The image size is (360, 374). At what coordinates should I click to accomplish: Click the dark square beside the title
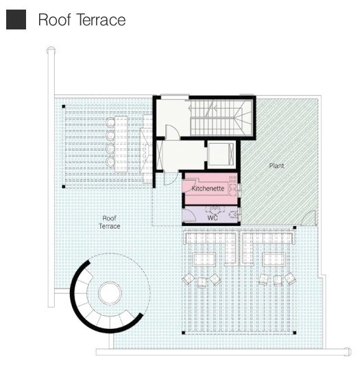[x=16, y=20]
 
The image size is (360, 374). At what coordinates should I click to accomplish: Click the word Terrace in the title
[x=101, y=20]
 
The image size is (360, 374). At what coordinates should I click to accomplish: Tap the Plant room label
[x=276, y=166]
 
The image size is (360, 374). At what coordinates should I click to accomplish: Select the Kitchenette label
[x=208, y=188]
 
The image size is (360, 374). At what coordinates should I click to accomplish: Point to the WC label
[x=213, y=218]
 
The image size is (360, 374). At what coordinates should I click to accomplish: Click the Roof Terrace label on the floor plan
[x=110, y=222]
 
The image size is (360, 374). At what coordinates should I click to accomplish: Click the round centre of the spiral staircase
[x=110, y=293]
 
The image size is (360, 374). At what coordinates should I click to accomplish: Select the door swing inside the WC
[x=189, y=215]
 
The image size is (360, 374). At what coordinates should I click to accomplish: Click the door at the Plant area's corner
[x=309, y=218]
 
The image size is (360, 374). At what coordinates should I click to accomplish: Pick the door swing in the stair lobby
[x=172, y=132]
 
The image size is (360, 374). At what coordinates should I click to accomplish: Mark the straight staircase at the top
[x=221, y=118]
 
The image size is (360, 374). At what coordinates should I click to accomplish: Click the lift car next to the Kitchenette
[x=221, y=154]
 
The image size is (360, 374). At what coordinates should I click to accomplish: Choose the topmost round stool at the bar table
[x=110, y=123]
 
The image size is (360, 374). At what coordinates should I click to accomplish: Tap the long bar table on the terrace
[x=121, y=144]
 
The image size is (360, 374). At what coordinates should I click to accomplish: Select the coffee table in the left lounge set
[x=204, y=260]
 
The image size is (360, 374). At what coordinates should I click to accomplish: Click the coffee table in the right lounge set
[x=274, y=260]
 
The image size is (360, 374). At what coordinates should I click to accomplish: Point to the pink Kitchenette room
[x=210, y=188]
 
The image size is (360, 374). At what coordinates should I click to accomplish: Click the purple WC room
[x=210, y=214]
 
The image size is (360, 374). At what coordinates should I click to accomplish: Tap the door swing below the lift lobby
[x=171, y=178]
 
